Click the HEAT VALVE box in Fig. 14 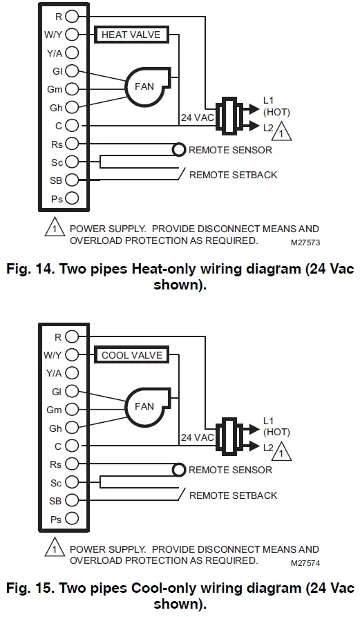[131, 35]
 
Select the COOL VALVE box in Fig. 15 [131, 355]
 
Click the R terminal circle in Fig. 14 [73, 15]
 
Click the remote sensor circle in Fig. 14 [179, 149]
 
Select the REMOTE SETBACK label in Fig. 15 [233, 495]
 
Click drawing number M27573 [305, 243]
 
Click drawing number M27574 [305, 563]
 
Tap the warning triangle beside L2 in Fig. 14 [282, 131]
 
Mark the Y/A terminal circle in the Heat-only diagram [73, 53]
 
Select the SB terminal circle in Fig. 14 [73, 180]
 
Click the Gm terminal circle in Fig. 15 [73, 410]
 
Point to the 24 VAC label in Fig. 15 [197, 437]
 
